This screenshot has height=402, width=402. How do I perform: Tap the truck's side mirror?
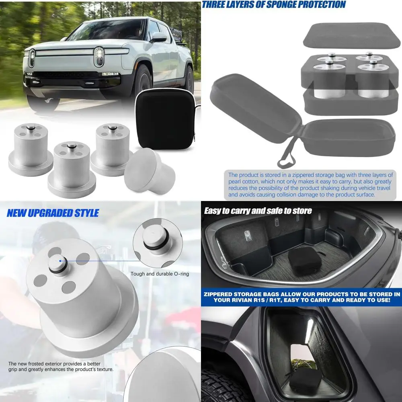coord(159,37)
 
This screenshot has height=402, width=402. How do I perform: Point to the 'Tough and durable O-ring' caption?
coord(160,274)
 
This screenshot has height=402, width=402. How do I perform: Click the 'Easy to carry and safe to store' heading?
coord(258,211)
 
